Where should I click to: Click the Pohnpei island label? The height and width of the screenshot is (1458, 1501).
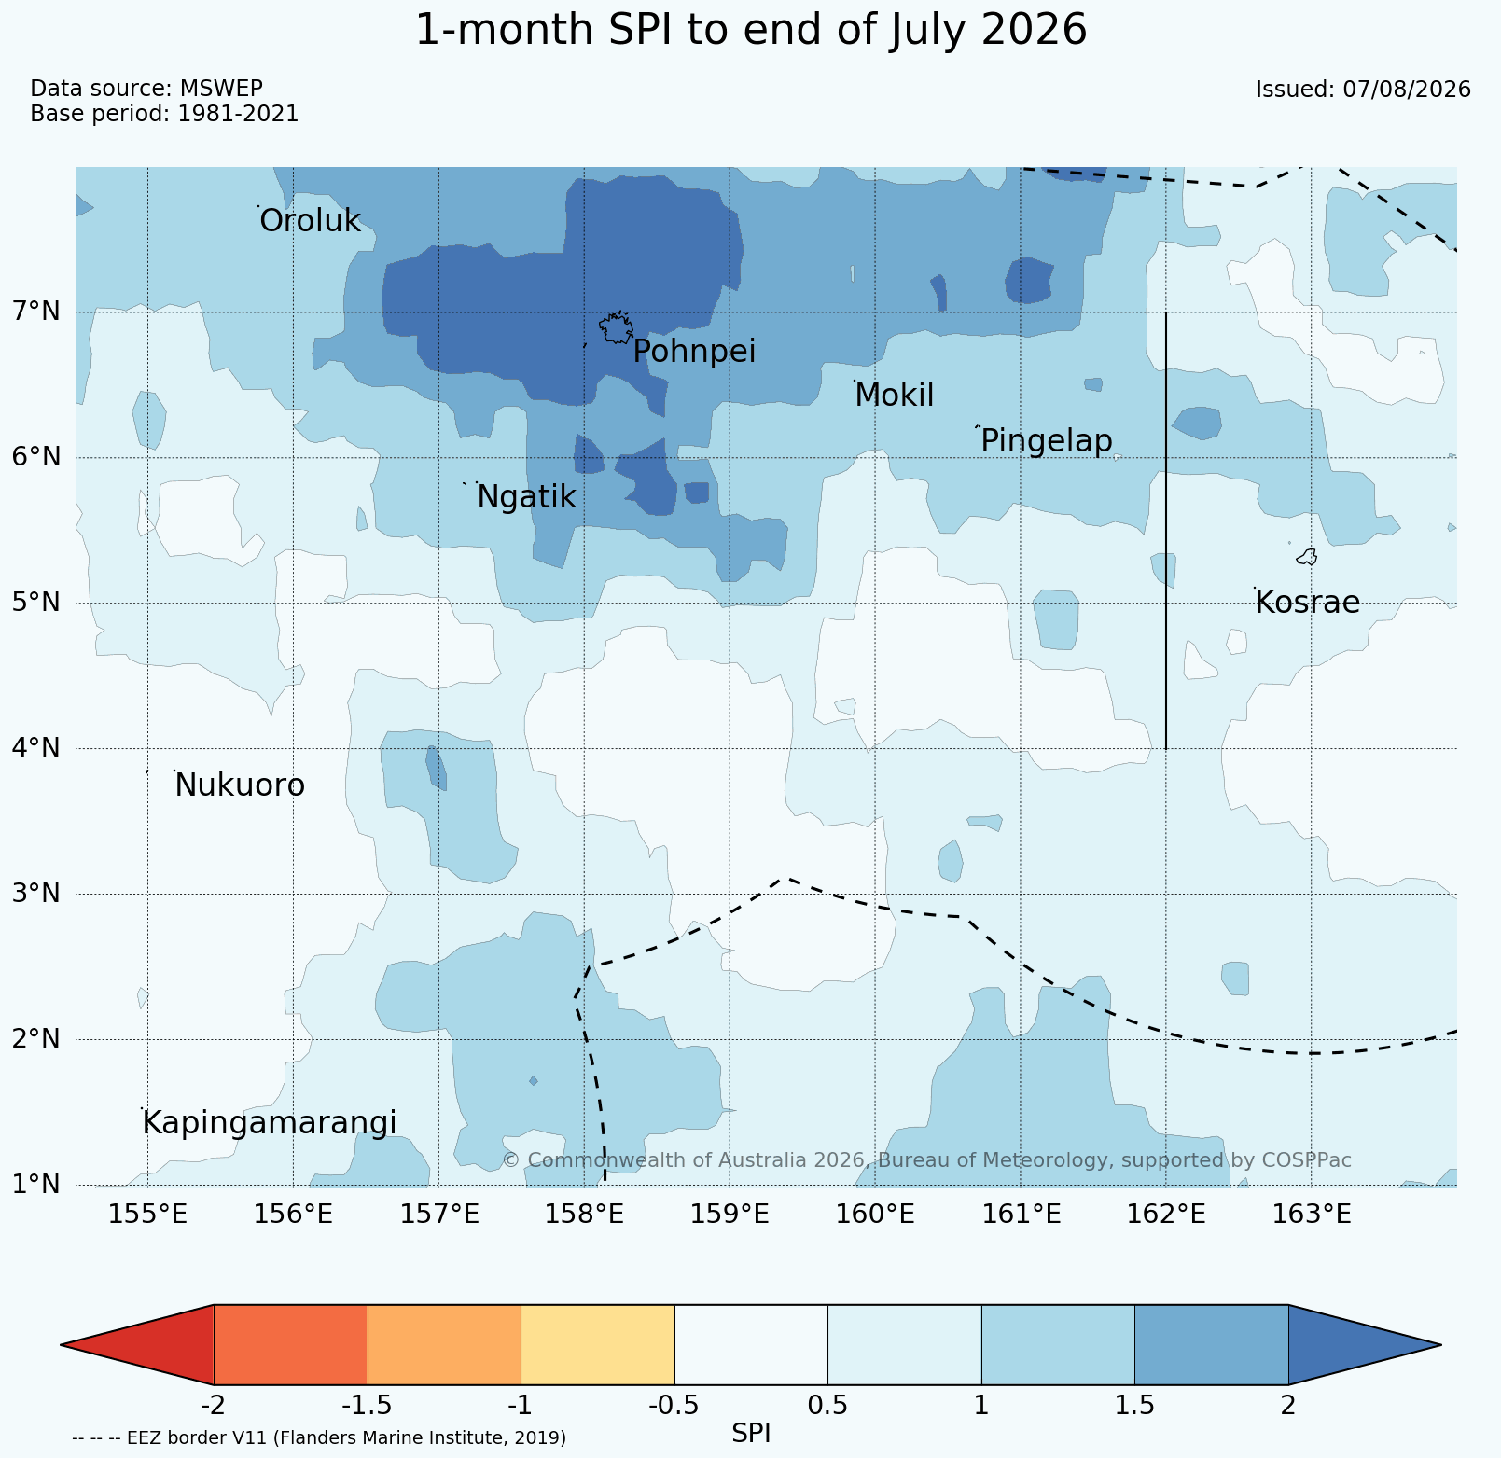(694, 353)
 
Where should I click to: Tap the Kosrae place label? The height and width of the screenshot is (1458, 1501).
(1307, 603)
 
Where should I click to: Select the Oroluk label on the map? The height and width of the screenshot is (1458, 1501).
(310, 221)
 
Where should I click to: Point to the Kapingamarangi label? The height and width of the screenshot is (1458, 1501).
(270, 1123)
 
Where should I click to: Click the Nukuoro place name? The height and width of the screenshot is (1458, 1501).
(240, 785)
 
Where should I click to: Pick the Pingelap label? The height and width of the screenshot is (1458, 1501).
(1047, 440)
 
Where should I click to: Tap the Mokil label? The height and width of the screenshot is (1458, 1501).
(894, 396)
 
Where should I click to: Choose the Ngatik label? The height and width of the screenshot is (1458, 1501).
(526, 497)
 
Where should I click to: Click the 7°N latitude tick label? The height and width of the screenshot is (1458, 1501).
(36, 311)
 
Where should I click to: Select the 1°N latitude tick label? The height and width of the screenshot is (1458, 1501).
(36, 1184)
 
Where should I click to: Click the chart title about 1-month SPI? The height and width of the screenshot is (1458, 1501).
(751, 30)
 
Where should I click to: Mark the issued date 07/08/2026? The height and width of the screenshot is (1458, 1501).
(1363, 90)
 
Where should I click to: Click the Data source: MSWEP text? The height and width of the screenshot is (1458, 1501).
(146, 89)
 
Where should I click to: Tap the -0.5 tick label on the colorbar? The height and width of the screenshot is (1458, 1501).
(674, 1405)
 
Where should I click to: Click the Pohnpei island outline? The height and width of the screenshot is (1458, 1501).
(616, 328)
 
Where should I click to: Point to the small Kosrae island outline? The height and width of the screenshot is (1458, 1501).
(1307, 557)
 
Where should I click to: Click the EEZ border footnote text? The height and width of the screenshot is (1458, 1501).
(319, 1437)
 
